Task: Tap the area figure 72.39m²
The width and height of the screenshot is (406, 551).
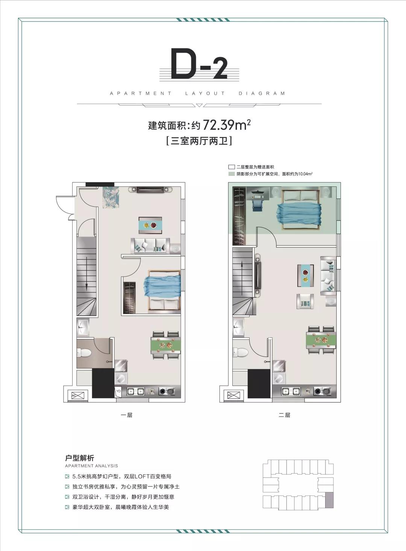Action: coord(226,125)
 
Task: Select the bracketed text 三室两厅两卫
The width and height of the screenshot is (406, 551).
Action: coord(199,141)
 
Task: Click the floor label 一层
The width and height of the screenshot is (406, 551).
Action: coord(126,415)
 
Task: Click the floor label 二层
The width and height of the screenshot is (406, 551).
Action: coord(285,415)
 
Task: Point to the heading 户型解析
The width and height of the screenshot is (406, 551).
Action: coord(79,458)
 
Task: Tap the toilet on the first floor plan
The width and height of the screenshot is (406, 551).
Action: coord(84,353)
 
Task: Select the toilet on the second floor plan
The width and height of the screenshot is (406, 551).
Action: coord(240,353)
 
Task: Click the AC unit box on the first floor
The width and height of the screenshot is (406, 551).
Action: coord(77,395)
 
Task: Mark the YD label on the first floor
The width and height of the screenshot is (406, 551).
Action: coord(118,391)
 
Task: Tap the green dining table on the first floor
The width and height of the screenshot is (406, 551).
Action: coord(165,345)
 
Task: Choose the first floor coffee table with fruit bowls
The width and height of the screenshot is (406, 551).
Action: coord(150,225)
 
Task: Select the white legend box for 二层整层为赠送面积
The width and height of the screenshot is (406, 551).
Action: coord(232,167)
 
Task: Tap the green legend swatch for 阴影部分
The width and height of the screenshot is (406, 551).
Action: coord(232,174)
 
